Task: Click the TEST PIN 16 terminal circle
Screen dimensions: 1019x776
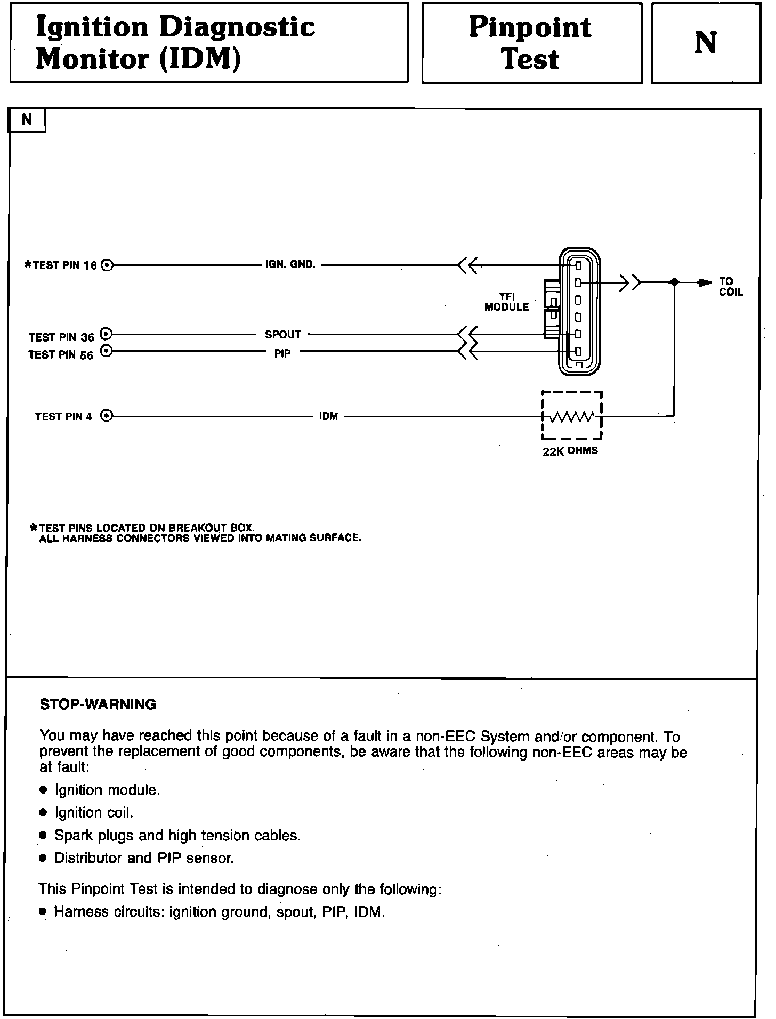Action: coord(107,265)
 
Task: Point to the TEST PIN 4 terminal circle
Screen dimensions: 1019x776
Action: coord(107,416)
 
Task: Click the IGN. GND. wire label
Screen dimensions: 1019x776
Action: coord(290,264)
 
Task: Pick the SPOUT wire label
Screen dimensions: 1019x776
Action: coord(283,335)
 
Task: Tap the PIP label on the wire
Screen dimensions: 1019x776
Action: coord(282,353)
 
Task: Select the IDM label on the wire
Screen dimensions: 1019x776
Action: coord(328,416)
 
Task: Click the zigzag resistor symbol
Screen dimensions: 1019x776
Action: coord(571,417)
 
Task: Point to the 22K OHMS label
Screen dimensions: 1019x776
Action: coord(570,451)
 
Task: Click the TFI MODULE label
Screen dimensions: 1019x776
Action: coord(506,302)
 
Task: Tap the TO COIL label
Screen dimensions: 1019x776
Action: coord(730,287)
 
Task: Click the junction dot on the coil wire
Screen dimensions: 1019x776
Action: coord(674,282)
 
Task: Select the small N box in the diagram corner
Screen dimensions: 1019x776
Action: coord(27,120)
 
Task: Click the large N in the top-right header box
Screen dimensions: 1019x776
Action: coord(706,43)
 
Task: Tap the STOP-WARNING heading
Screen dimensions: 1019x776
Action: coord(98,705)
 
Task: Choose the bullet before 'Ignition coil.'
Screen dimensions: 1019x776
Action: coord(44,813)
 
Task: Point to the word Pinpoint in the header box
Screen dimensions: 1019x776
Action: coord(530,27)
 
